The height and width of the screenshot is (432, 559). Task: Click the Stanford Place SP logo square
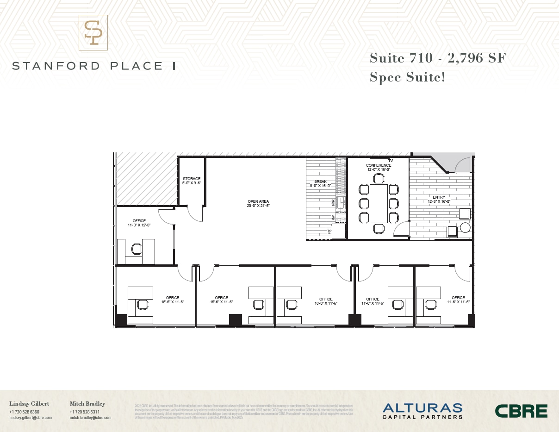[x=93, y=32]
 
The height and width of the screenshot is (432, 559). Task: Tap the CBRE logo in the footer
[x=521, y=411]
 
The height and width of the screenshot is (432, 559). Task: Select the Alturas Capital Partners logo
[x=422, y=411]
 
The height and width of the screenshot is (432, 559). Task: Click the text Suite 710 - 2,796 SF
[x=437, y=58]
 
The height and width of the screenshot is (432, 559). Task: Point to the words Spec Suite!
[x=407, y=76]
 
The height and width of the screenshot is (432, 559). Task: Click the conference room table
[x=379, y=203]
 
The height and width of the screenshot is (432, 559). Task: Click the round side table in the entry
[x=465, y=228]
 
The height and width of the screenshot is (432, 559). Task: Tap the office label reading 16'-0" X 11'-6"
[x=326, y=301]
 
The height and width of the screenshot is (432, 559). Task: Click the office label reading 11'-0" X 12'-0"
[x=139, y=223]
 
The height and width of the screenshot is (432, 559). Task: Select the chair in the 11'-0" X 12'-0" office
[x=137, y=249]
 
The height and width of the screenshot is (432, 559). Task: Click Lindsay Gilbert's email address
[x=31, y=418]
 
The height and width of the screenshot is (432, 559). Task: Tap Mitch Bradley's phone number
[x=85, y=412]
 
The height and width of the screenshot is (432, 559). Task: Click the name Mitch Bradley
[x=87, y=404]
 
